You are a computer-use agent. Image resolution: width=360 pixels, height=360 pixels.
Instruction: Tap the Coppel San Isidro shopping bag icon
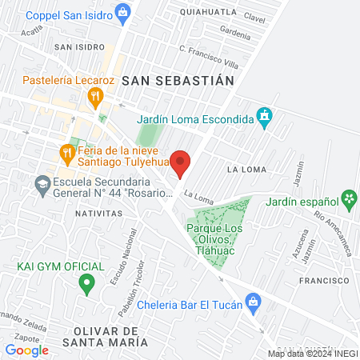click(x=122, y=11)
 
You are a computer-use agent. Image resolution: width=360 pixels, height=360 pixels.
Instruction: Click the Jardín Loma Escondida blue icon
click(x=265, y=119)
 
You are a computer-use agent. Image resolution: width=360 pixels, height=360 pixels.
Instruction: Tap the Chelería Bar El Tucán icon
click(x=253, y=302)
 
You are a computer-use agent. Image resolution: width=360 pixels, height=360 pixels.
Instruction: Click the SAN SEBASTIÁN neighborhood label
click(x=178, y=81)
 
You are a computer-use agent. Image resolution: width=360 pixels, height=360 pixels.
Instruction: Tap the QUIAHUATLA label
click(x=209, y=12)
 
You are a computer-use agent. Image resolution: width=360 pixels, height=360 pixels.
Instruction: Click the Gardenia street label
click(x=235, y=34)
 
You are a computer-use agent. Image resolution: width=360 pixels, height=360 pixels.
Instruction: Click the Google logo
click(x=26, y=350)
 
